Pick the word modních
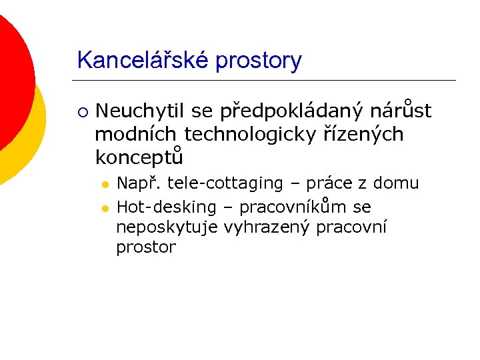click(x=136, y=134)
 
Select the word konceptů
click(x=139, y=158)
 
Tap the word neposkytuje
click(x=167, y=227)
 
